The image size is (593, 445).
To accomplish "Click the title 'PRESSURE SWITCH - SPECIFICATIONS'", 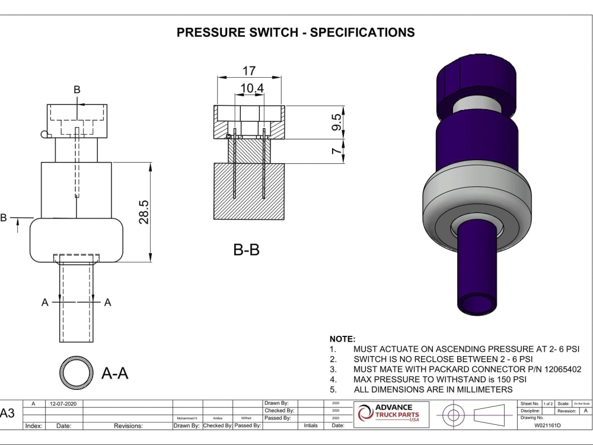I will tap(296, 32).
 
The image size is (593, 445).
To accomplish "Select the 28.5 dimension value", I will tap(144, 212).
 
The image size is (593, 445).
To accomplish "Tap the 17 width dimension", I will tap(249, 71).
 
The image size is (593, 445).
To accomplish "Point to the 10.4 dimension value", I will tap(252, 88).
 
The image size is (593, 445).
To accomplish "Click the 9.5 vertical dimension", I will tap(336, 122).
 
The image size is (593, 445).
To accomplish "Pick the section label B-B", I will tap(246, 250).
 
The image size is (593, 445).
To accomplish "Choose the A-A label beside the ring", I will tap(115, 373).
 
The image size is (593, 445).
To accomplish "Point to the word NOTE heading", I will tap(342, 339).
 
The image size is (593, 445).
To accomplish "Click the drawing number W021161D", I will tap(547, 425).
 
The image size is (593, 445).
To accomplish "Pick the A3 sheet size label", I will tap(8, 414).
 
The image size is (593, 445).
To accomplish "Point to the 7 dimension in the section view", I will tap(336, 152).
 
